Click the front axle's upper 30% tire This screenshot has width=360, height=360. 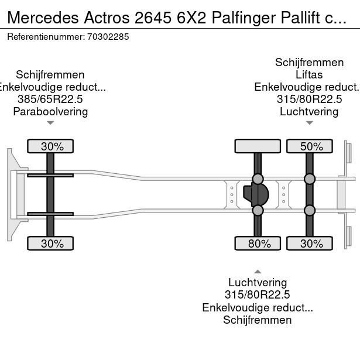tap(52, 146)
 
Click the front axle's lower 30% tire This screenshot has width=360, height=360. tap(52, 244)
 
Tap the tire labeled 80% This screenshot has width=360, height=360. tap(258, 244)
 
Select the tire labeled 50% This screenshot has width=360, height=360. tap(309, 146)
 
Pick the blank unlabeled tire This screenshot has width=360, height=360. tap(258, 146)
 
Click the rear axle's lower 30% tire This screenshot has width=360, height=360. tap(309, 244)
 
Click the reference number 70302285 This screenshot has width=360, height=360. tap(109, 36)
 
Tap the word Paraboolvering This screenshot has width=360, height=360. tap(50, 111)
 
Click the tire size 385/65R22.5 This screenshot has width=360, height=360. tap(50, 99)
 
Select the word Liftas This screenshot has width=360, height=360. tap(309, 75)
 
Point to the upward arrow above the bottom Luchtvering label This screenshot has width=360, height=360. tap(258, 271)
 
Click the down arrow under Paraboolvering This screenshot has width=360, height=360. tap(50, 123)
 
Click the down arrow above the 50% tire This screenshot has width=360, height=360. tap(309, 123)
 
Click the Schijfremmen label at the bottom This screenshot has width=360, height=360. tap(258, 320)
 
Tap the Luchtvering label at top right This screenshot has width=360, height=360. tap(309, 111)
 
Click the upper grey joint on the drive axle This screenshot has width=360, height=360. tap(258, 179)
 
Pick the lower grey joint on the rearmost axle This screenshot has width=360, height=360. tap(309, 210)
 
